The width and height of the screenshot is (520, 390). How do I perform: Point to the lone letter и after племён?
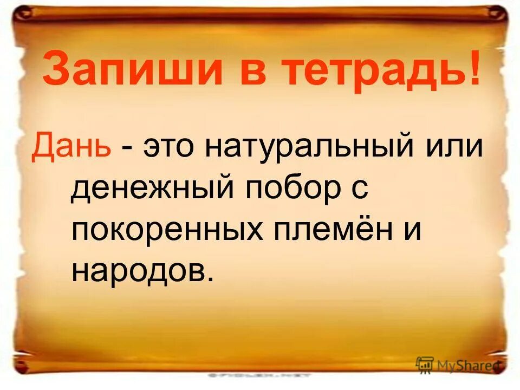[x=413, y=230]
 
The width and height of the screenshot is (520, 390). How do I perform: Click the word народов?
[x=136, y=269]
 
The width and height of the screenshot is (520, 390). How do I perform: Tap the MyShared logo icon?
[x=425, y=364]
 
